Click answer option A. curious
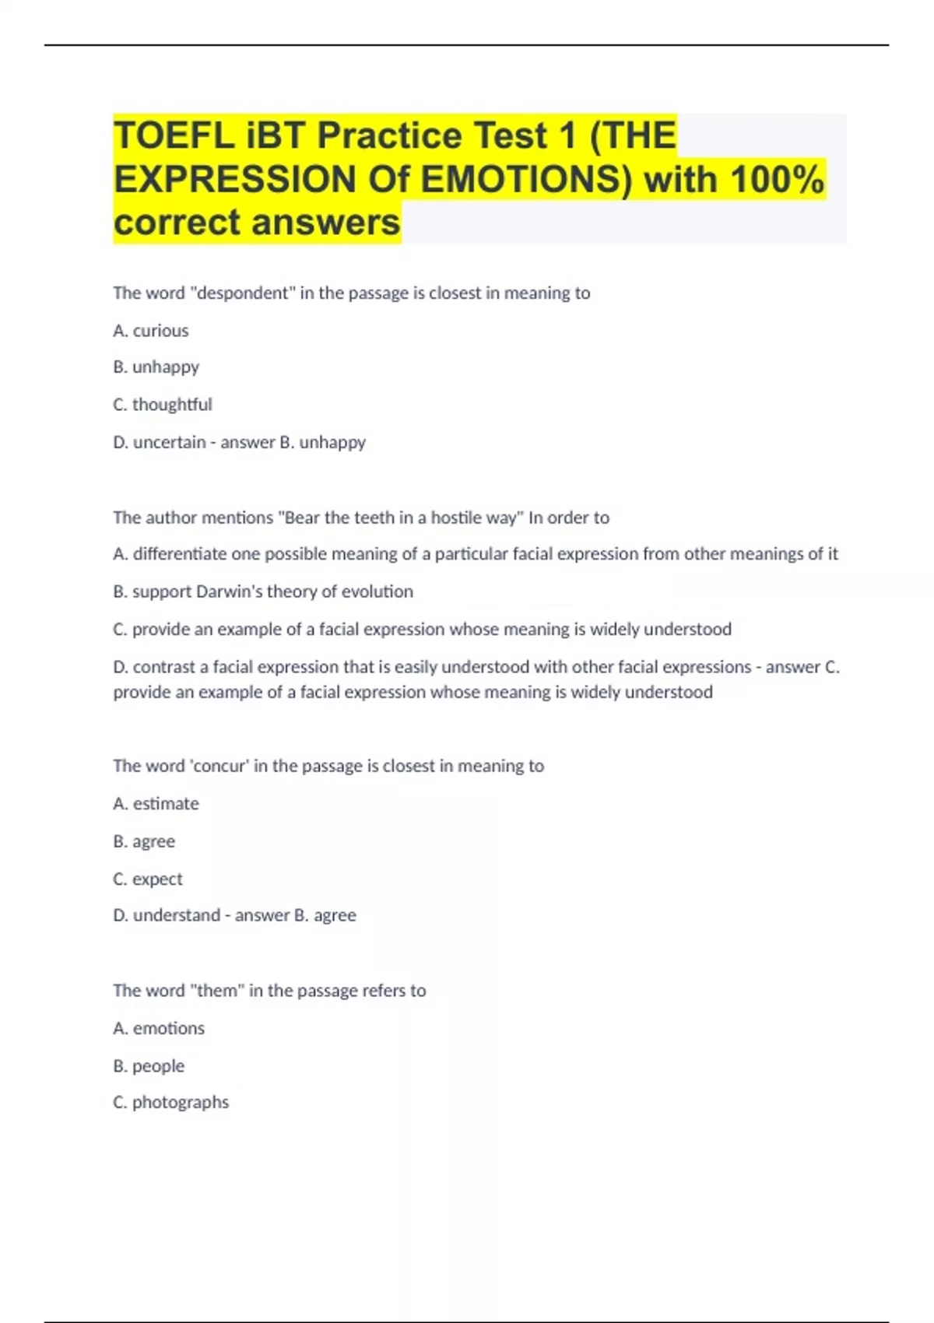(151, 331)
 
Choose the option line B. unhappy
(156, 367)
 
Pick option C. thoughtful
(163, 405)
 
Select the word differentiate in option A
(180, 554)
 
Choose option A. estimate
(156, 804)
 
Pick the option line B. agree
(144, 841)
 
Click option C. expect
(148, 879)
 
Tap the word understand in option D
(177, 915)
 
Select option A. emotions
(159, 1028)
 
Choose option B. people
(149, 1066)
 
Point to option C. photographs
(171, 1103)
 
